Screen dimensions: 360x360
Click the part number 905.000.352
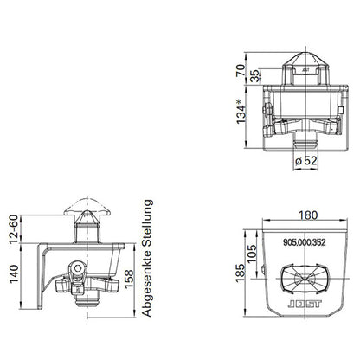[x=303, y=244]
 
